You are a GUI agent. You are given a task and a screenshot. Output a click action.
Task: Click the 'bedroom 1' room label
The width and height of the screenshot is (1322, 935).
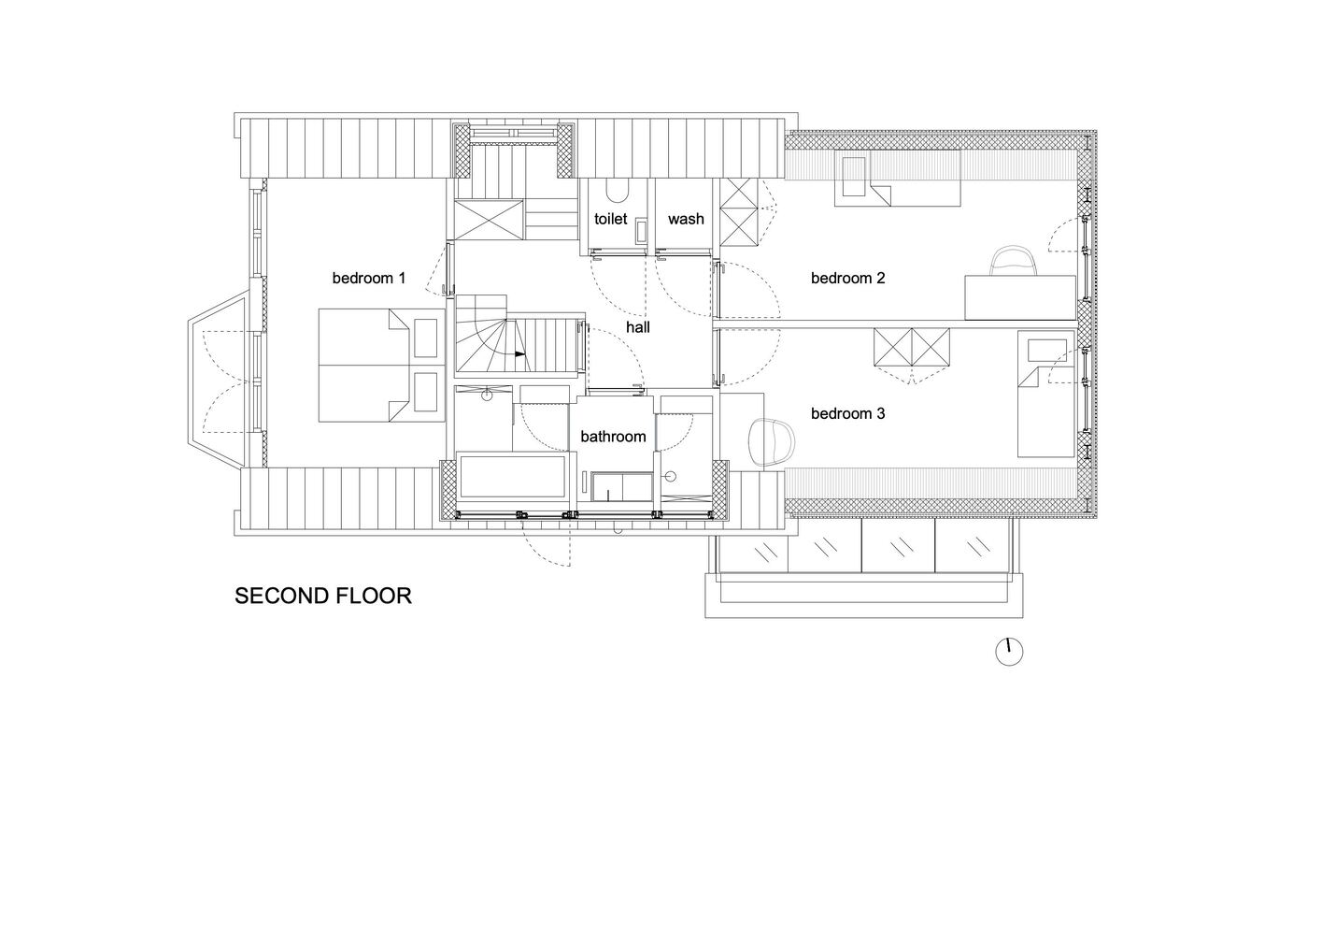(x=369, y=278)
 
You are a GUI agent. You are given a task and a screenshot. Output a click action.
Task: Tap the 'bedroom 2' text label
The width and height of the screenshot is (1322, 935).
(x=847, y=278)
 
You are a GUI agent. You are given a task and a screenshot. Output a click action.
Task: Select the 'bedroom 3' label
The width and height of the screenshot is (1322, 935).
(x=847, y=413)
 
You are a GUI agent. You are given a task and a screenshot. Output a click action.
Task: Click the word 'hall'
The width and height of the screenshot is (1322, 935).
(x=638, y=327)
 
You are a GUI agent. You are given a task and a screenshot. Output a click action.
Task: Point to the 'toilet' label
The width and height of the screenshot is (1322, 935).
(x=610, y=219)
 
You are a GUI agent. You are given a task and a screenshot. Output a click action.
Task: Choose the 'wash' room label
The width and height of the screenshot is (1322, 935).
(x=686, y=219)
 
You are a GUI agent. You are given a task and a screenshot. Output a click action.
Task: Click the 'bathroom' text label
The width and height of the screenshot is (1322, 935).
(x=613, y=437)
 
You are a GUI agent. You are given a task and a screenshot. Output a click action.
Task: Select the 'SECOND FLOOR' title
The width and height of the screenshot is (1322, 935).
(x=322, y=596)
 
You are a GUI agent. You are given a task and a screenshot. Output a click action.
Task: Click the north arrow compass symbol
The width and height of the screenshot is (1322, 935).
(x=1009, y=652)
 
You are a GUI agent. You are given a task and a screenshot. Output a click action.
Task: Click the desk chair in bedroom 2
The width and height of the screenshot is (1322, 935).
(x=1014, y=261)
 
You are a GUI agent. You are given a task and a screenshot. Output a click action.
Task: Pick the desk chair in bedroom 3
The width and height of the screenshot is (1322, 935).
(x=774, y=441)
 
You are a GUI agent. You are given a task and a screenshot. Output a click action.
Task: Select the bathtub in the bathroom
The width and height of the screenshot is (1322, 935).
(x=511, y=478)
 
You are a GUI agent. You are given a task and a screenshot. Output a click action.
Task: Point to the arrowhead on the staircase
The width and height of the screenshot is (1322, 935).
(x=520, y=354)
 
